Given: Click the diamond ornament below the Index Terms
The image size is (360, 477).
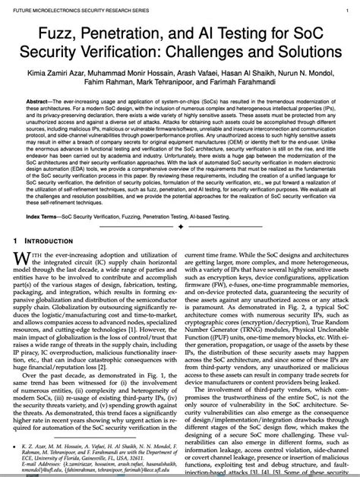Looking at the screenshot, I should tap(180, 227).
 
